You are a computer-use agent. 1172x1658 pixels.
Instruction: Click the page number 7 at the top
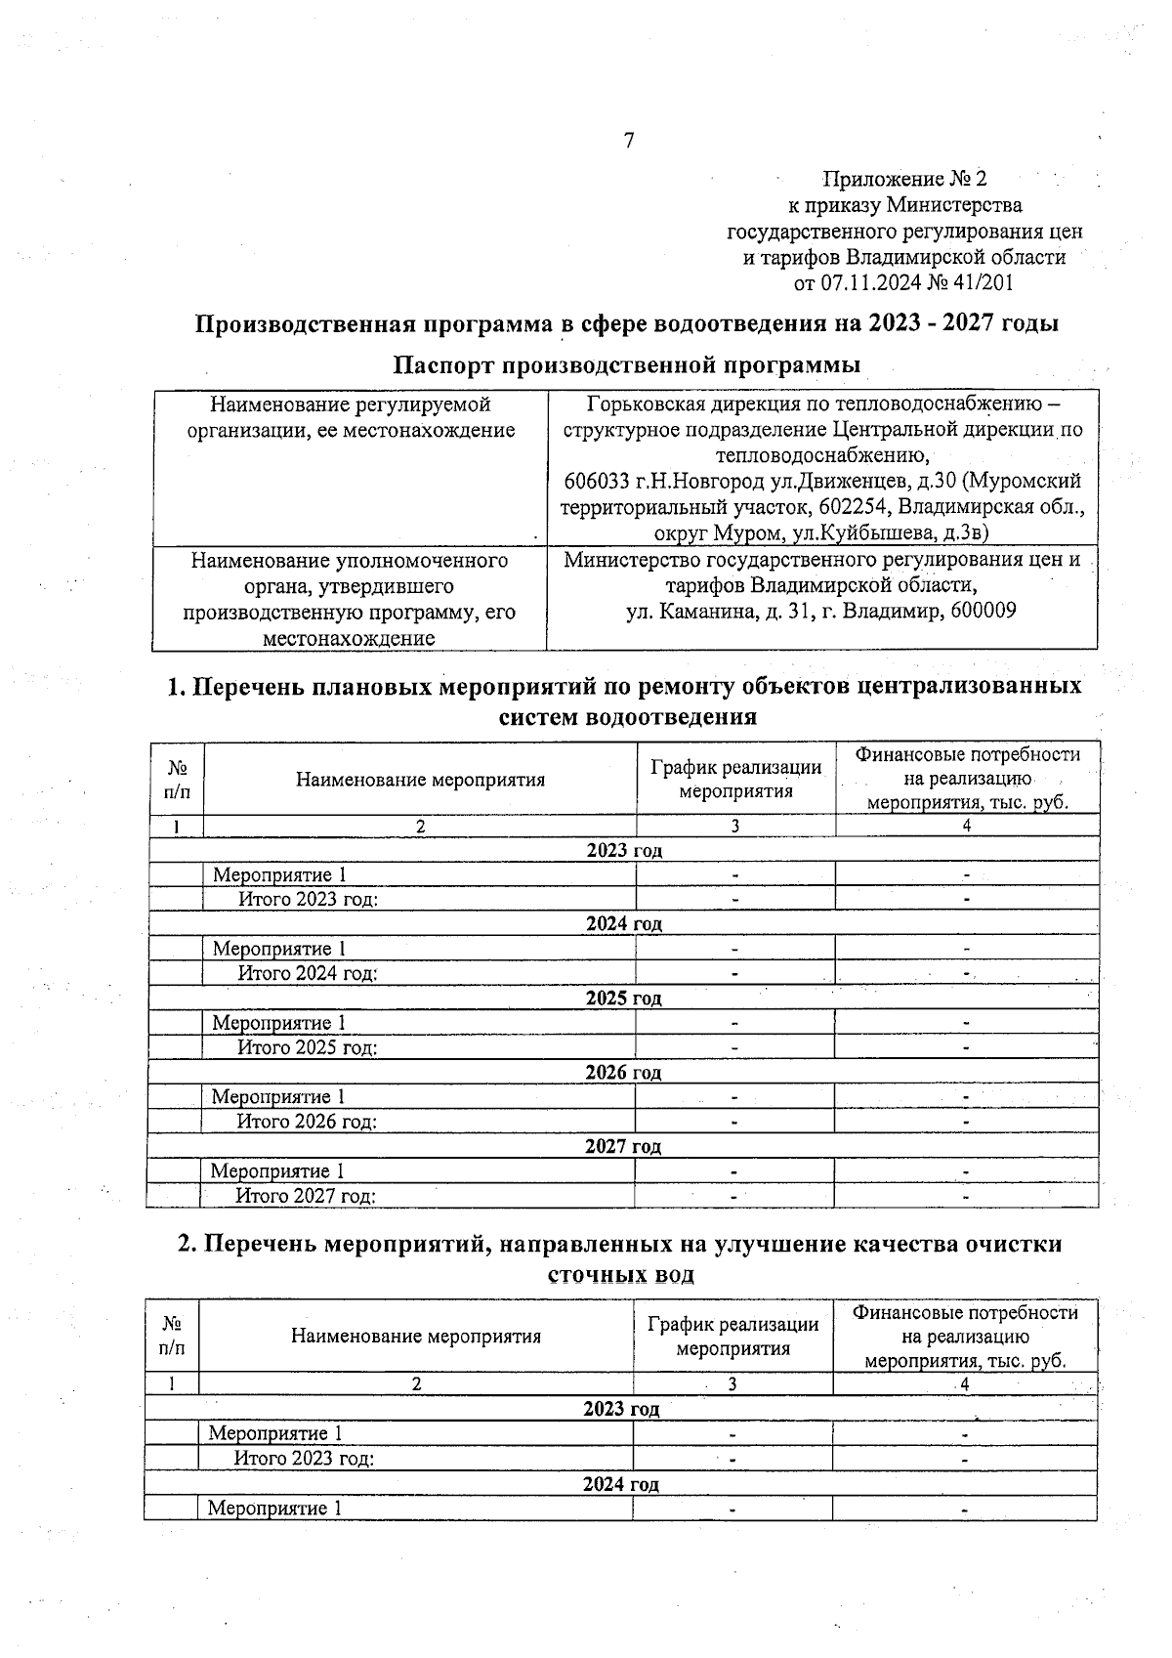628,141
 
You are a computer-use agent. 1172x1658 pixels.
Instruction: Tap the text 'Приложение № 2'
904,179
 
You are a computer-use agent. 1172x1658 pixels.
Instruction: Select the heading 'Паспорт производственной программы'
626,364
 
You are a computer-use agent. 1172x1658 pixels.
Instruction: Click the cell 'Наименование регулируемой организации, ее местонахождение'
351,417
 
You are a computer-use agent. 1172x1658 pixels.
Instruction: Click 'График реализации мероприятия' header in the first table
735,779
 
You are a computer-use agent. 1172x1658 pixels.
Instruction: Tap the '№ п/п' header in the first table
178,779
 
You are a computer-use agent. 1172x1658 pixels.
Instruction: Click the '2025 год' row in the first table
623,998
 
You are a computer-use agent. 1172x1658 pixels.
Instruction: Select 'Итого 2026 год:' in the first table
307,1122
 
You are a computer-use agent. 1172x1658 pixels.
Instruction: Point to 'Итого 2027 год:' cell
306,1196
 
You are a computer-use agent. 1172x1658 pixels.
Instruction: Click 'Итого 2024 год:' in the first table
308,973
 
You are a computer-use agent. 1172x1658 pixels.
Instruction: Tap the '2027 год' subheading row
623,1146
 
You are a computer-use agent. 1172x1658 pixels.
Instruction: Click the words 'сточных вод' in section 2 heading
621,1275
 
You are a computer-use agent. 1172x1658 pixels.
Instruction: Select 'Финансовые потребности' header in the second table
965,1312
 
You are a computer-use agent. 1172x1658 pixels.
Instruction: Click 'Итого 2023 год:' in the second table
304,1459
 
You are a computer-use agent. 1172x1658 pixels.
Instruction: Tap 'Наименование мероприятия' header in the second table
415,1336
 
